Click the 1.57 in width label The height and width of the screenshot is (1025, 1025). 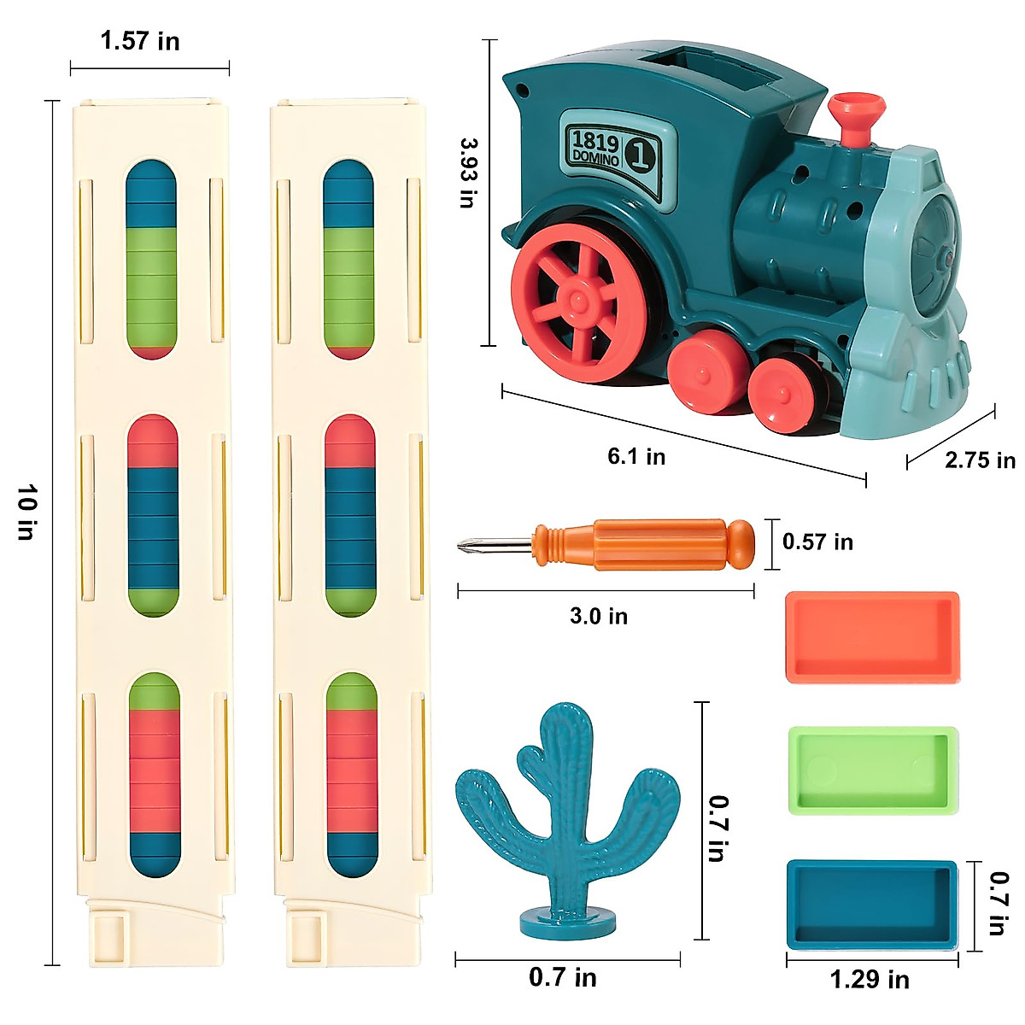coord(140,41)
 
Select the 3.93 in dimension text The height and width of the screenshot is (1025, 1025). coord(468,173)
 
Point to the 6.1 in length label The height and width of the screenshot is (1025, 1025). coord(636,456)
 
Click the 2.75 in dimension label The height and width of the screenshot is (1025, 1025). coord(980,460)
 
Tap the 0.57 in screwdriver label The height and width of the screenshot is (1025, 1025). coord(817,542)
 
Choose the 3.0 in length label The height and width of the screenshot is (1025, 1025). coord(599,616)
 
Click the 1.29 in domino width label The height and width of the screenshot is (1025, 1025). coord(870,980)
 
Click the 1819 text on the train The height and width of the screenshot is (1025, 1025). coord(595,140)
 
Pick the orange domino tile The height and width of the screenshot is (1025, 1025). coord(871,636)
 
